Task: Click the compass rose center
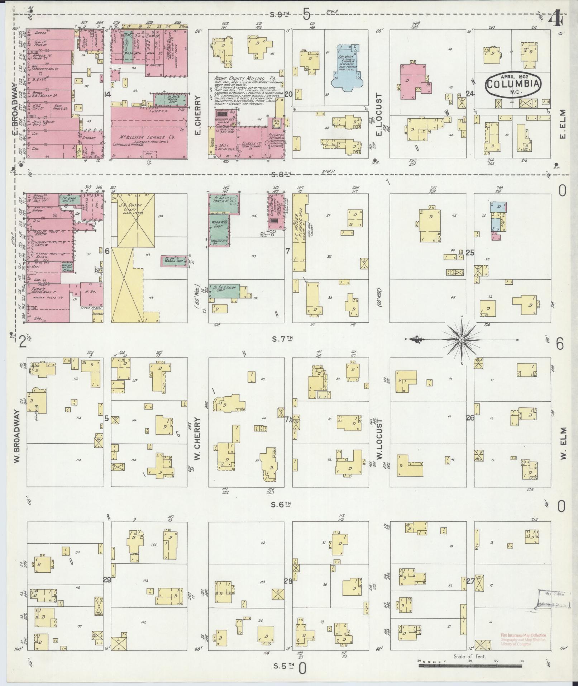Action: (462, 339)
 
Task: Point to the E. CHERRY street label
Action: (197, 115)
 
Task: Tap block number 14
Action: (106, 94)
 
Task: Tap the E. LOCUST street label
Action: (379, 115)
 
